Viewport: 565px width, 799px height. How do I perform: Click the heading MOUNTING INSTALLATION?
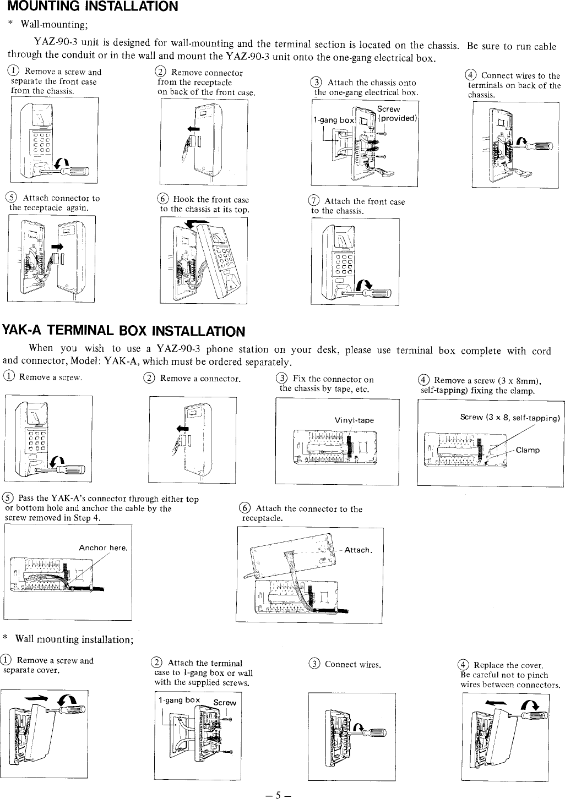pos(92,7)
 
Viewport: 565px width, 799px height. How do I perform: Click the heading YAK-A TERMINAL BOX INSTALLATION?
pos(123,331)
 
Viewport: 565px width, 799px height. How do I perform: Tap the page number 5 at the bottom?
pos(278,794)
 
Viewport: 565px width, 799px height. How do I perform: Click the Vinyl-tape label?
pos(354,420)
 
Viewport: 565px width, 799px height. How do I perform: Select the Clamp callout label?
pos(528,450)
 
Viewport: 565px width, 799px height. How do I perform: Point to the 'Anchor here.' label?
pos(104,548)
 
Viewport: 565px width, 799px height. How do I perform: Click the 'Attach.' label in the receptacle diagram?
pos(358,550)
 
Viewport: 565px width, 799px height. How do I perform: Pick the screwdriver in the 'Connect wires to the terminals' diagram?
pos(537,146)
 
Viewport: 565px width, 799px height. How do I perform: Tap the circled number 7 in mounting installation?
pos(316,202)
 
